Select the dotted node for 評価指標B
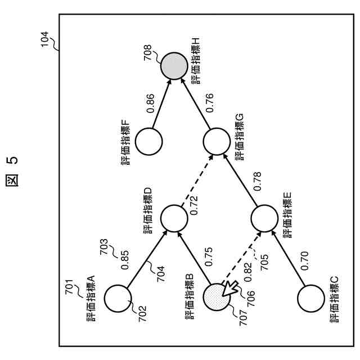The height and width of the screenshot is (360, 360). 217,297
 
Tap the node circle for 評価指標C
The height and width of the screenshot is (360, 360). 310,298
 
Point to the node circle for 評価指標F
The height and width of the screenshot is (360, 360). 147,141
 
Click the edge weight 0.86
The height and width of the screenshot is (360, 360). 151,103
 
